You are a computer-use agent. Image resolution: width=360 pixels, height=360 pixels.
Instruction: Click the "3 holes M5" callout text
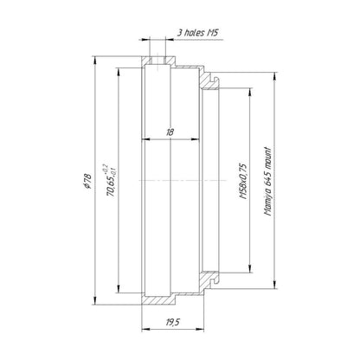coord(197,33)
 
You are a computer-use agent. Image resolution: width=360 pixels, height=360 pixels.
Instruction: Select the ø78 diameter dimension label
coord(87,181)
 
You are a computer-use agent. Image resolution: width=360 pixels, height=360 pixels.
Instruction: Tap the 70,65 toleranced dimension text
coord(111,181)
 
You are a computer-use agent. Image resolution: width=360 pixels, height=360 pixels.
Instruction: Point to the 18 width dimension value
coord(170,132)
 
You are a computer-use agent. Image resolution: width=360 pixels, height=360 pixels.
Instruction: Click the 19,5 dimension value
coord(173,322)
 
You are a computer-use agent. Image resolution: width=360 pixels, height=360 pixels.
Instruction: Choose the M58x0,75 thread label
coord(243,181)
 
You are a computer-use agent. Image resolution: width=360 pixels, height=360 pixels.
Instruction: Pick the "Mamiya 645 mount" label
coord(268,182)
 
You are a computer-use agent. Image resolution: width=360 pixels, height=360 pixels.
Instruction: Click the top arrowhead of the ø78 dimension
coord(94,60)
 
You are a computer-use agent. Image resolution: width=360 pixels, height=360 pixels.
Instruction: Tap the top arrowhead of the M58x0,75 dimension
coord(249,92)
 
